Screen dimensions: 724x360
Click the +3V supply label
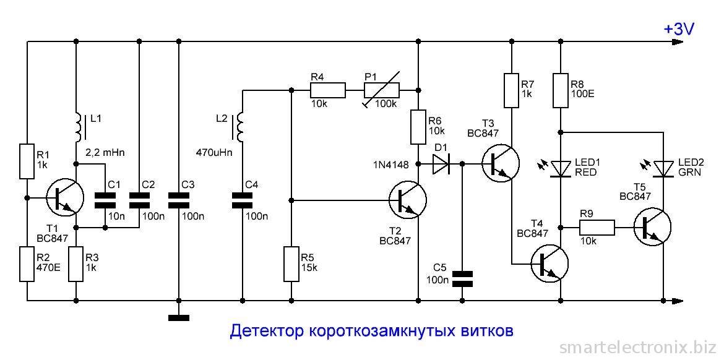pos(679,29)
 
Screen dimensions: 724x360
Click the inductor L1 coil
pos(78,126)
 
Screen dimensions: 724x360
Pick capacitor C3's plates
pos(178,200)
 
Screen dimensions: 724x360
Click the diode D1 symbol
pos(441,164)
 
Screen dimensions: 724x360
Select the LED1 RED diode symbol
pos(560,168)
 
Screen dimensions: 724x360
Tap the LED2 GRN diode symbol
pos(663,168)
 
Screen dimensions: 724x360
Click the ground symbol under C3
pos(178,317)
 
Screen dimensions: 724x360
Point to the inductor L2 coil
pos(239,126)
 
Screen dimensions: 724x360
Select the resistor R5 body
pos(291,264)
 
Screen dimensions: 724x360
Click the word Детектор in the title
pos(267,332)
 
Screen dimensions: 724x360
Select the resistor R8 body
pos(560,90)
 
